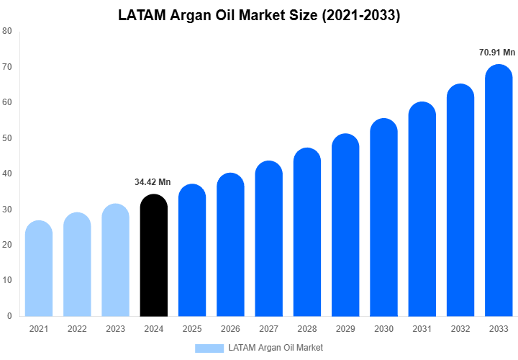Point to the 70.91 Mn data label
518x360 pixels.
point(497,53)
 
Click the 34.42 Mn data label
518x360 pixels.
point(153,182)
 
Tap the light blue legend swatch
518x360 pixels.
point(209,348)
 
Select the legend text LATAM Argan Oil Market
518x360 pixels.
point(276,348)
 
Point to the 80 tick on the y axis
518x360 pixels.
point(6,31)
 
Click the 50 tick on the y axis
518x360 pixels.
point(6,138)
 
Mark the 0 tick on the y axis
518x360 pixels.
point(9,315)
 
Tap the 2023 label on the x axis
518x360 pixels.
point(115,329)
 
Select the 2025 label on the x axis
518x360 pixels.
point(192,329)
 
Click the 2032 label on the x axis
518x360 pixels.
point(460,329)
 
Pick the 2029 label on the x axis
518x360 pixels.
point(345,329)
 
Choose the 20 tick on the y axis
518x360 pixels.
point(6,245)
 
